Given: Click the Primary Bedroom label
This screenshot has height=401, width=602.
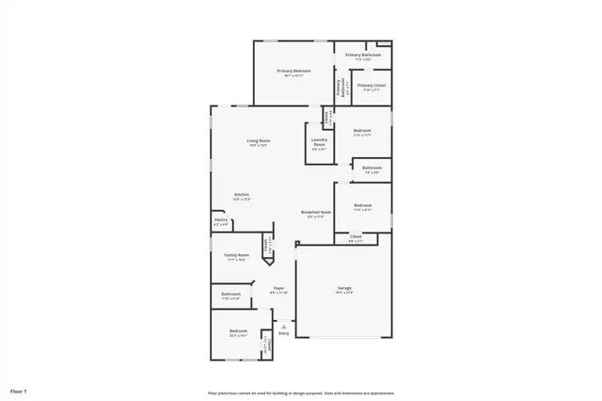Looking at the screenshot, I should [x=293, y=72].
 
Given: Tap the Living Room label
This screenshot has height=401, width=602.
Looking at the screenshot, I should [x=258, y=141].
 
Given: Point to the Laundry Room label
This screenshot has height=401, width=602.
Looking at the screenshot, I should [x=319, y=145].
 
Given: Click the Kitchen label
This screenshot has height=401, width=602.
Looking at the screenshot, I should [x=242, y=195].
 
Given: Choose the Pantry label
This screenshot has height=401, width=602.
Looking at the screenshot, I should [x=221, y=221].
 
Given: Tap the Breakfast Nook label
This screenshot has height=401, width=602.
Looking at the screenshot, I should [x=316, y=213].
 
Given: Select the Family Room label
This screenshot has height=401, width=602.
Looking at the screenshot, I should [x=236, y=256].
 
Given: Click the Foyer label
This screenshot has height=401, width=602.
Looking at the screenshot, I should [x=278, y=289].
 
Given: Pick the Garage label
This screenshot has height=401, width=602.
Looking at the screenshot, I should [x=344, y=288].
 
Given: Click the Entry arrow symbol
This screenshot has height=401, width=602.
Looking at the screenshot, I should [x=283, y=325].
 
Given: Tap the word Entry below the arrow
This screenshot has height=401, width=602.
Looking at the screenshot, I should [x=283, y=333].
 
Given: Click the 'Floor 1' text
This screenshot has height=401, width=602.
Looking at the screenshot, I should [x=19, y=390].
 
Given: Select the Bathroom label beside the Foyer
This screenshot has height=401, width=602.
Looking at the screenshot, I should [x=230, y=295].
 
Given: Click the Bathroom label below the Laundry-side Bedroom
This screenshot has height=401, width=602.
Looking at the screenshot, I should [x=371, y=168].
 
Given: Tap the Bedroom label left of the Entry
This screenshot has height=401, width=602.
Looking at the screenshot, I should [x=238, y=331].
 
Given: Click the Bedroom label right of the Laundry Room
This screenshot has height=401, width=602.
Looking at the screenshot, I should [x=362, y=131].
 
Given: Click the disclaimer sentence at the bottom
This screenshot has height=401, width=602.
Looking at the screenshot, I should [x=301, y=393].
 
